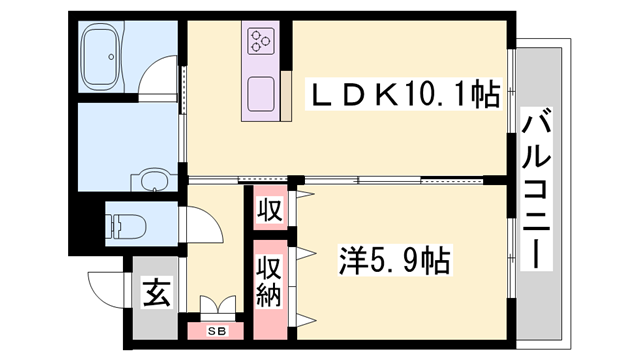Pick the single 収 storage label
pyautogui.click(x=268, y=211)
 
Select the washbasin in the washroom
pyautogui.click(x=152, y=180)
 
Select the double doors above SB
pyautogui.click(x=216, y=304)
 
